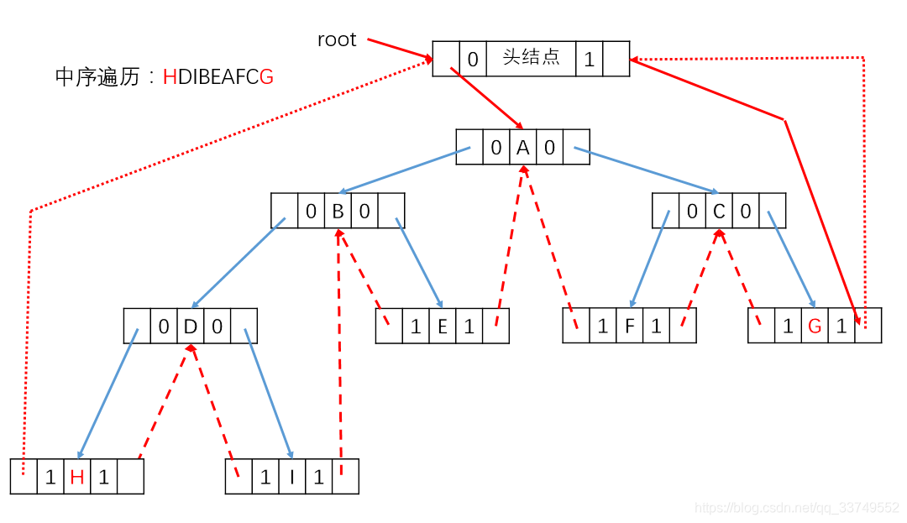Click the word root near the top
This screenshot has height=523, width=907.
[337, 39]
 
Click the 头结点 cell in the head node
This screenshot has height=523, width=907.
[531, 59]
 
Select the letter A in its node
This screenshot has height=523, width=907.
[522, 148]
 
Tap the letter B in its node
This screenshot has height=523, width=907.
[338, 212]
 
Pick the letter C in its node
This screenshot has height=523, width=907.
[719, 212]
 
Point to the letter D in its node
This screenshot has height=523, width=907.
[190, 327]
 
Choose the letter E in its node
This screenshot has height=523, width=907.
[443, 327]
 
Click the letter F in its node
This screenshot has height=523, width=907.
[629, 327]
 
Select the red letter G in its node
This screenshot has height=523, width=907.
[815, 327]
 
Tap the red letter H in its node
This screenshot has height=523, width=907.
[77, 478]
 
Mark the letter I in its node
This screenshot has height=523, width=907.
[292, 478]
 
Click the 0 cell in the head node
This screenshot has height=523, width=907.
[473, 59]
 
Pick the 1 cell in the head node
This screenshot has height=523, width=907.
[589, 59]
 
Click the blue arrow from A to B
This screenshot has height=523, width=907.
[402, 171]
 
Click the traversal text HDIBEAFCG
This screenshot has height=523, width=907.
[218, 77]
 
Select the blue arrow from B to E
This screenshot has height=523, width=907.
[420, 264]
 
